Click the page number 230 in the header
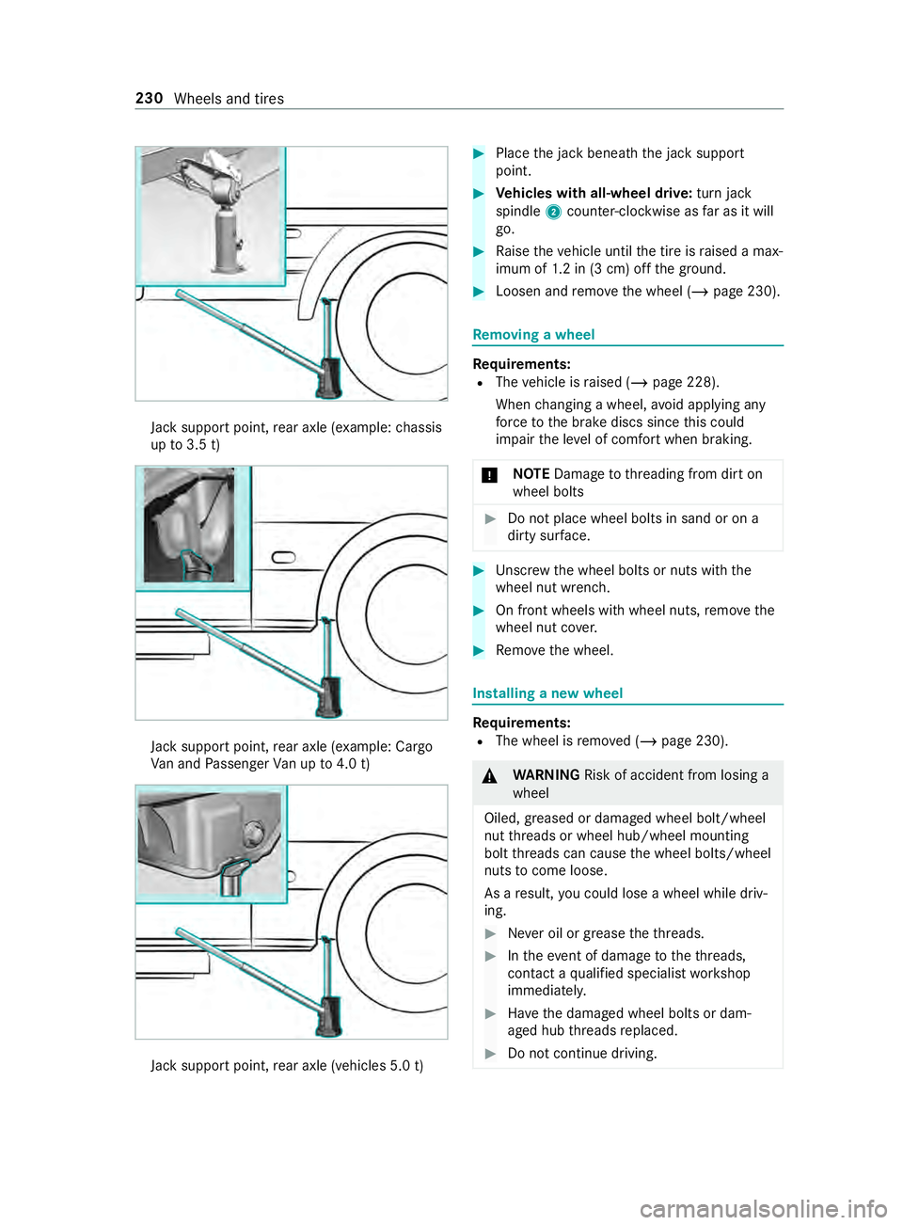click(x=149, y=99)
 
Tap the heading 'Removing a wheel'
click(x=533, y=335)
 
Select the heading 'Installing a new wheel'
click(x=547, y=693)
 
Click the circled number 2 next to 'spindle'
click(x=553, y=212)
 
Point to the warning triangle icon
click(x=490, y=776)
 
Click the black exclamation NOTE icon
click(x=490, y=475)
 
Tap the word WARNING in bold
click(x=546, y=775)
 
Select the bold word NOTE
click(x=531, y=474)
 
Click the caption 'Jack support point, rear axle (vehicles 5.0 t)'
click(x=287, y=1066)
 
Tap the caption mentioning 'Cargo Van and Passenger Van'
click(x=291, y=756)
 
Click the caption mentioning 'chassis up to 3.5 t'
click(x=295, y=436)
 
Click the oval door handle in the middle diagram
click(x=283, y=558)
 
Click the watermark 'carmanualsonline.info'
click(x=763, y=1208)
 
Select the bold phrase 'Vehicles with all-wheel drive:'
click(x=594, y=194)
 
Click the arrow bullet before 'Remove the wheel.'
click(x=479, y=651)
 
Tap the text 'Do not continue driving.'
click(x=582, y=1054)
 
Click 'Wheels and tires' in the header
click(x=229, y=99)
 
